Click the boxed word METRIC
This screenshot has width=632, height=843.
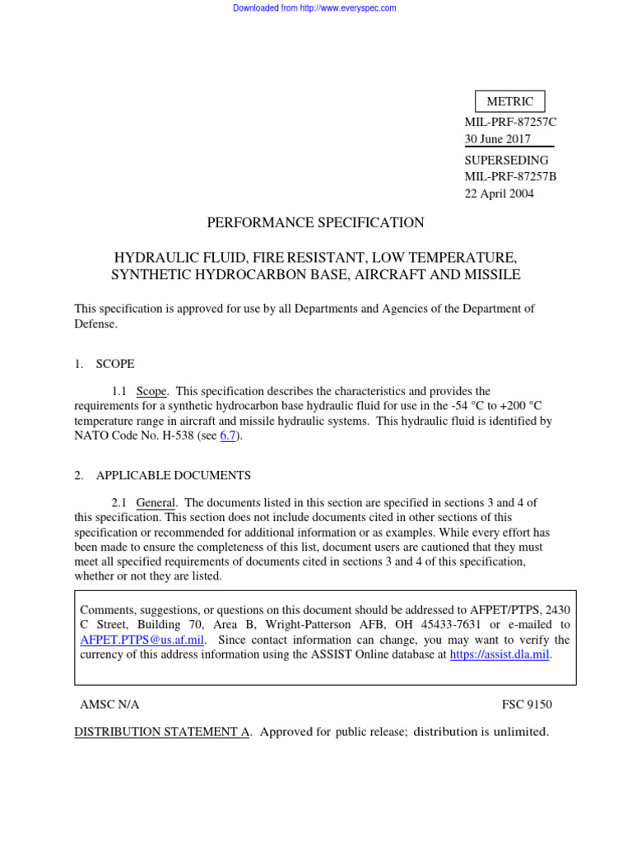pyautogui.click(x=509, y=102)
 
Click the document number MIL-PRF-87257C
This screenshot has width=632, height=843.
pyautogui.click(x=510, y=122)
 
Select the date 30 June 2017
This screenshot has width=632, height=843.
pyautogui.click(x=498, y=139)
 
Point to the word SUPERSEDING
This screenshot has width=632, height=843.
pyautogui.click(x=506, y=161)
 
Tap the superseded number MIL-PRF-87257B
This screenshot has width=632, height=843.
pyautogui.click(x=510, y=176)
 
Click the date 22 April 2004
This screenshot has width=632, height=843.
pyautogui.click(x=500, y=193)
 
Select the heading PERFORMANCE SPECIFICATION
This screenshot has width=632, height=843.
pyautogui.click(x=316, y=222)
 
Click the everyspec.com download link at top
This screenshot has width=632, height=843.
pyautogui.click(x=314, y=8)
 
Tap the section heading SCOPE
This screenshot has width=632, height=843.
pyautogui.click(x=115, y=363)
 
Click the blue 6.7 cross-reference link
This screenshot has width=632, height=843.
pyautogui.click(x=228, y=435)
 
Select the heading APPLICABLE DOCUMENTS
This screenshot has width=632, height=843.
pyautogui.click(x=174, y=475)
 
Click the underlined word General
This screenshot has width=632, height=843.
pyautogui.click(x=156, y=502)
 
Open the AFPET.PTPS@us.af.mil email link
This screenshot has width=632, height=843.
pyautogui.click(x=143, y=640)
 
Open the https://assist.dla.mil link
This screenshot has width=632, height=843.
pyautogui.click(x=500, y=654)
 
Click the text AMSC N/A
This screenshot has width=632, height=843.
pyautogui.click(x=109, y=705)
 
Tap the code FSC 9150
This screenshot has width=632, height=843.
pyautogui.click(x=527, y=705)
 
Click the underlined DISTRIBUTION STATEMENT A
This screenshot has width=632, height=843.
pyautogui.click(x=162, y=732)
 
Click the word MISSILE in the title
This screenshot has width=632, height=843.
pyautogui.click(x=491, y=274)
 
